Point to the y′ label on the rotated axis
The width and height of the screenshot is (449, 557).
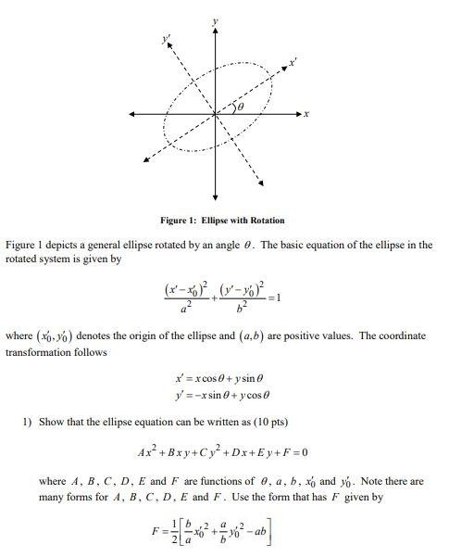tap(167, 40)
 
